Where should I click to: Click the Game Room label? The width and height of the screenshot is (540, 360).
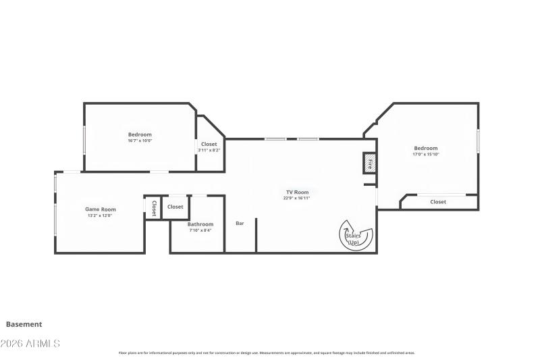click(x=101, y=209)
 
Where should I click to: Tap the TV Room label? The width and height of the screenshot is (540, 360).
click(x=297, y=192)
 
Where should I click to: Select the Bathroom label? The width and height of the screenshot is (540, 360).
click(x=200, y=224)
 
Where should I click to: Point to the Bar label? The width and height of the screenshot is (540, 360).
click(x=240, y=224)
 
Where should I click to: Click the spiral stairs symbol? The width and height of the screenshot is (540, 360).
click(x=355, y=235)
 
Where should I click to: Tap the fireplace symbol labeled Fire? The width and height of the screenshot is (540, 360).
click(x=370, y=163)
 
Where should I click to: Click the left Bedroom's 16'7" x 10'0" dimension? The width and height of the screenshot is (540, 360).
click(x=140, y=140)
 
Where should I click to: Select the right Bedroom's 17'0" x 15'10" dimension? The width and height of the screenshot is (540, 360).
click(x=426, y=155)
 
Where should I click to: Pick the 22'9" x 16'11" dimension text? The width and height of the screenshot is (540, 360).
click(x=297, y=199)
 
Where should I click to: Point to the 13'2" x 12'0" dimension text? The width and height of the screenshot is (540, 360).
click(x=100, y=215)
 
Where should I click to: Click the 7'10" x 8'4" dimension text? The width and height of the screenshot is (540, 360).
click(x=200, y=230)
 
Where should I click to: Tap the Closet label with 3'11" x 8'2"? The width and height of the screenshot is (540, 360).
click(x=209, y=144)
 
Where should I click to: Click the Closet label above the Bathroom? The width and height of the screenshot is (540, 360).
click(x=175, y=207)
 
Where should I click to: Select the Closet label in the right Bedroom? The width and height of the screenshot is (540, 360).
click(x=438, y=202)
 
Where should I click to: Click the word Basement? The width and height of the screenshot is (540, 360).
click(x=24, y=324)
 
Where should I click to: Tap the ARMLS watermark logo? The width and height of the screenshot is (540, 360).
click(x=30, y=344)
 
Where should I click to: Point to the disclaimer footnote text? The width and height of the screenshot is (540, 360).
click(x=267, y=353)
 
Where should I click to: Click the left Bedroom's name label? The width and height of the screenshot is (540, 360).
click(x=140, y=134)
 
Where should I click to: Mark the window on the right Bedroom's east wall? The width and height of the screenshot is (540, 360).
click(x=478, y=140)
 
